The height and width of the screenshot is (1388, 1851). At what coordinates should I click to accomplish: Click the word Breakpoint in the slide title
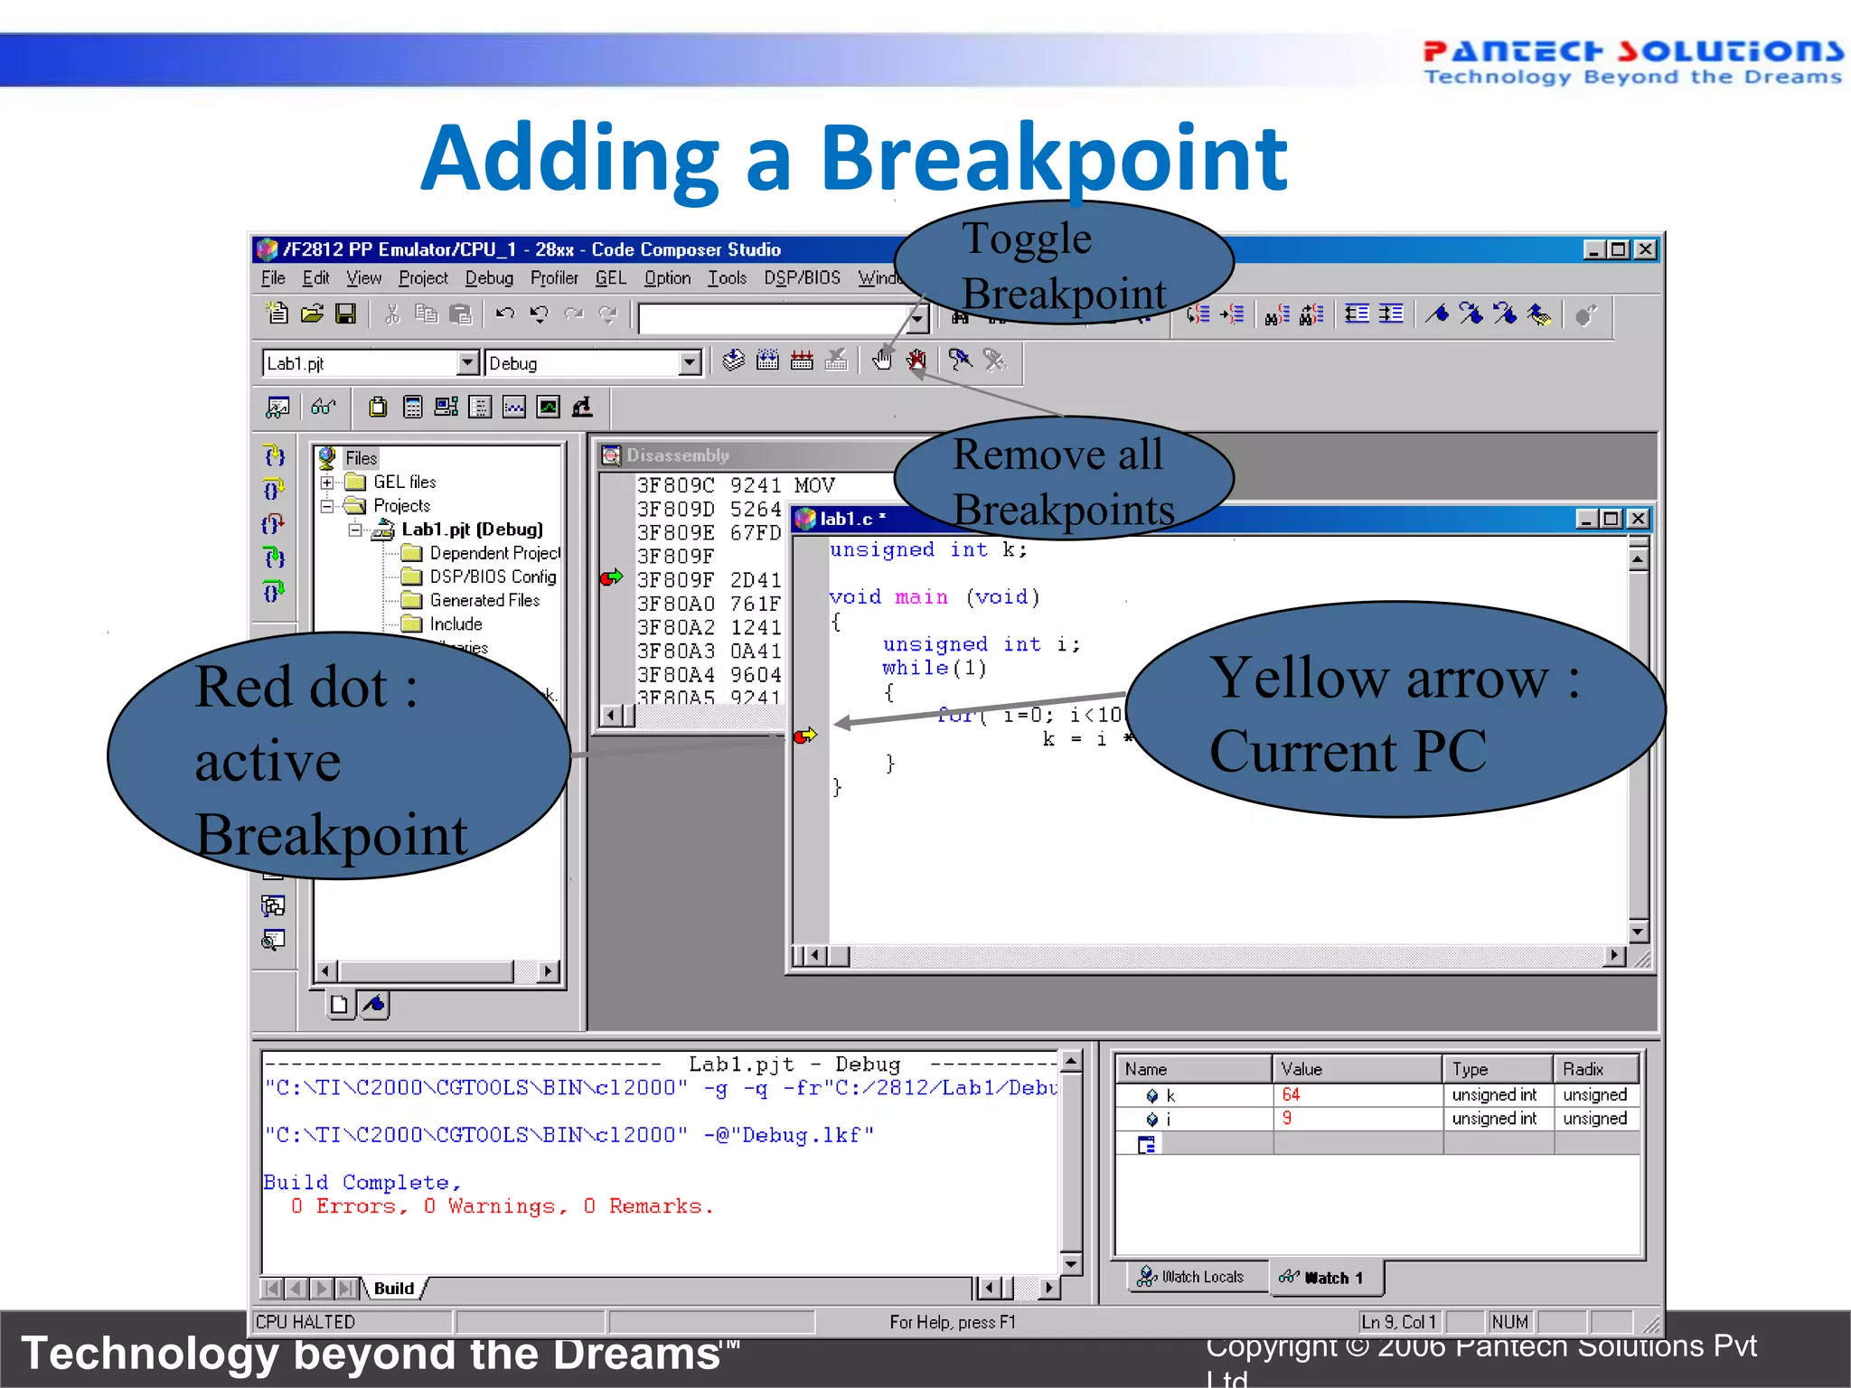(1053, 159)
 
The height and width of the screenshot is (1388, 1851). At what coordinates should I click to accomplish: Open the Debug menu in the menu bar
(489, 278)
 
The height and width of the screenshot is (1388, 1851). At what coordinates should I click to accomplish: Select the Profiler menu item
(553, 278)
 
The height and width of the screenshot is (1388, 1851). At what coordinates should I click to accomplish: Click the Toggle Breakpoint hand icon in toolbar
(882, 361)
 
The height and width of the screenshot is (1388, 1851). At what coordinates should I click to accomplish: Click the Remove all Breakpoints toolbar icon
(916, 361)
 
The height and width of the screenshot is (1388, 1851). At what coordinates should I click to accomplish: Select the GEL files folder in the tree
(404, 483)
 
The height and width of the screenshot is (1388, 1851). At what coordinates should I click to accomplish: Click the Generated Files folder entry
(484, 601)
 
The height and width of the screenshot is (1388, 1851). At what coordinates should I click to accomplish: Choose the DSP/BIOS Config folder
(492, 577)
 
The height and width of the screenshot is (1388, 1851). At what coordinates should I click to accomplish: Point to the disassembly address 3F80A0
(675, 604)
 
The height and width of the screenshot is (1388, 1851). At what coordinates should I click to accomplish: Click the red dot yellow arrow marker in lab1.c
(804, 736)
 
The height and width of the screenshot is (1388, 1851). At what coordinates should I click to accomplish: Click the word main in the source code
(921, 597)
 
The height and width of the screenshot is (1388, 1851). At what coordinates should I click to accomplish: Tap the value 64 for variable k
(1291, 1095)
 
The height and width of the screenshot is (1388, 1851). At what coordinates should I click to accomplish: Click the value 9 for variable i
(1287, 1119)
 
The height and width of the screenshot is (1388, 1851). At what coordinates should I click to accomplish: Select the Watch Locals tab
(1193, 1277)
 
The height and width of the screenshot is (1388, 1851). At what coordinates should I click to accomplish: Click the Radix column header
(1583, 1069)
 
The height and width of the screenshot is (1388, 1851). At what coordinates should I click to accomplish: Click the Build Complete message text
(362, 1183)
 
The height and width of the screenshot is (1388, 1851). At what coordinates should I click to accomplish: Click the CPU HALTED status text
(305, 1322)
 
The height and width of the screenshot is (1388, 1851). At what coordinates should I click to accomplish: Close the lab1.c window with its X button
(1638, 519)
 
